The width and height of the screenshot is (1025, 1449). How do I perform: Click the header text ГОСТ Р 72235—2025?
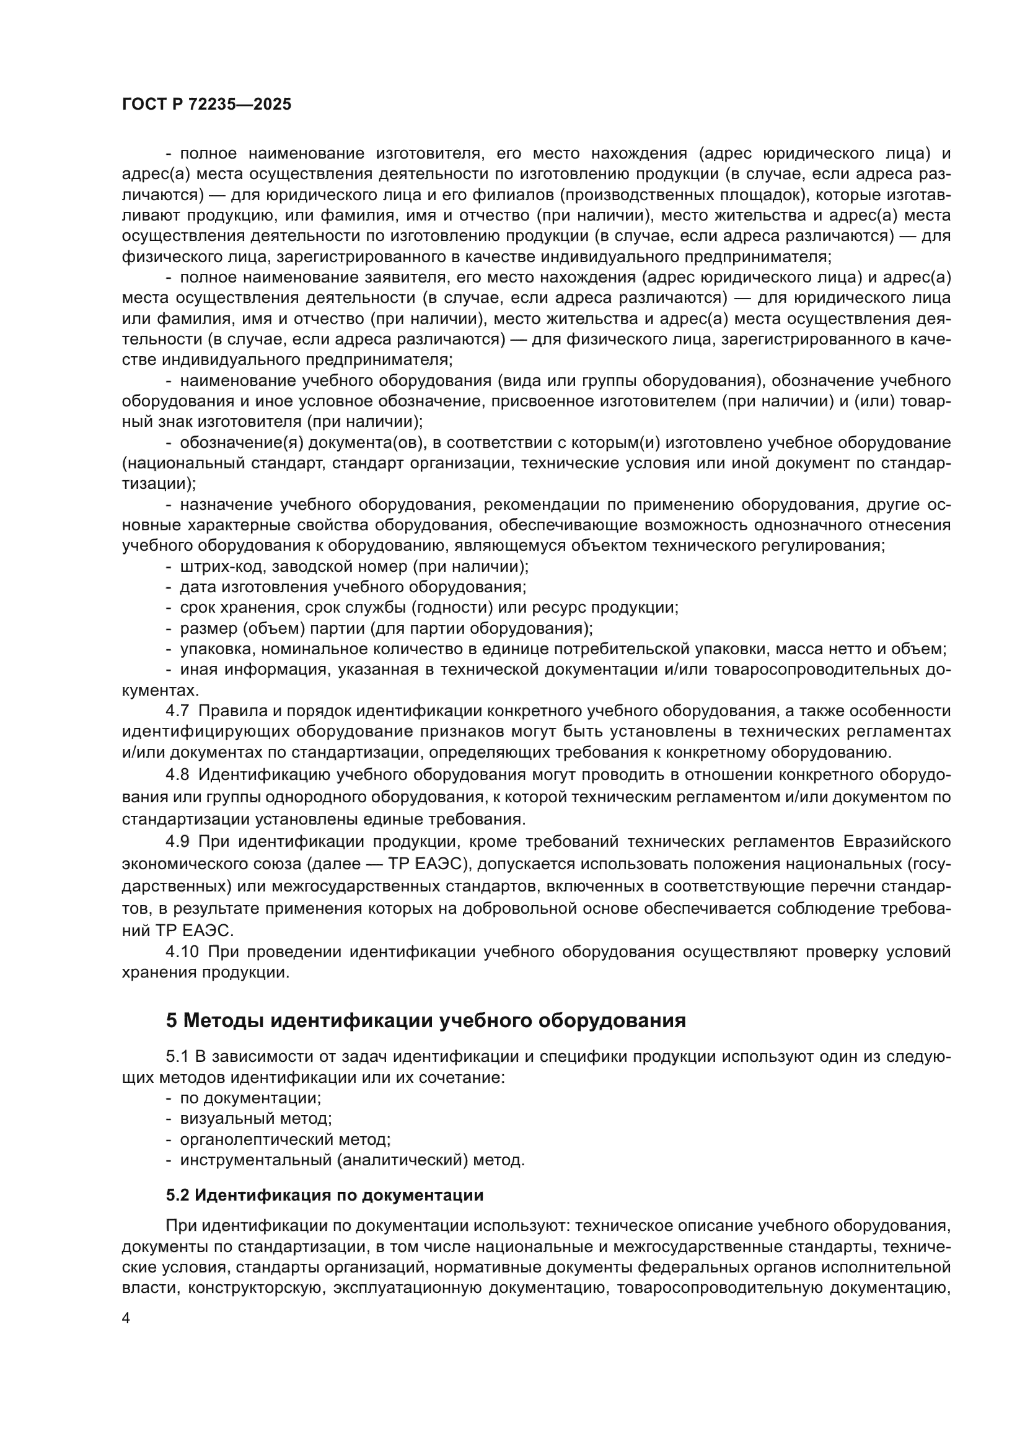206,105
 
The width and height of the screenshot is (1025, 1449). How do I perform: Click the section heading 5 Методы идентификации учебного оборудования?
425,1020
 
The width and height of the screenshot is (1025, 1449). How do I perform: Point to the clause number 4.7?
177,711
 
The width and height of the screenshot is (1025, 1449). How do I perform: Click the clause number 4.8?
177,774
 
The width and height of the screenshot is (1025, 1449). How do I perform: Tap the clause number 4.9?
177,841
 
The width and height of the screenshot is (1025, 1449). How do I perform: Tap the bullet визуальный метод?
255,1118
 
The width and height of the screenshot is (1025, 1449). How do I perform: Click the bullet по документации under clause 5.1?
250,1098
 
